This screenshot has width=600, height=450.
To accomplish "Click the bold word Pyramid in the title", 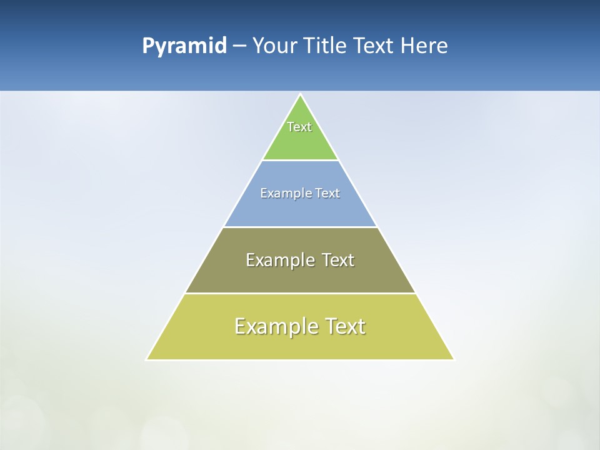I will coord(184,46).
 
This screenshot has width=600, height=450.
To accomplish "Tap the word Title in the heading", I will coord(326,46).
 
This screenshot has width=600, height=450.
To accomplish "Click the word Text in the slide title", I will coord(375,46).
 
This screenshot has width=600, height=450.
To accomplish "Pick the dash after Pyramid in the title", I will coord(239,46).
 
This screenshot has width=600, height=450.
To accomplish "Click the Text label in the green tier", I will coord(299,127).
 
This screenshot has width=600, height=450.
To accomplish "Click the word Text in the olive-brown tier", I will coord(337,260).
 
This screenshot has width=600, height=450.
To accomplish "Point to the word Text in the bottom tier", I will coord(343,326).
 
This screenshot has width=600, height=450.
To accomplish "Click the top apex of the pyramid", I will coord(300,95).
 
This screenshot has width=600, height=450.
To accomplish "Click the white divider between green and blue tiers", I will coord(300,161).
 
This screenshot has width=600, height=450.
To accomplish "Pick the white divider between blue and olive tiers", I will coord(300,227).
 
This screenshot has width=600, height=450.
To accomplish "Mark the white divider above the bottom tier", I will coord(300,293).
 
